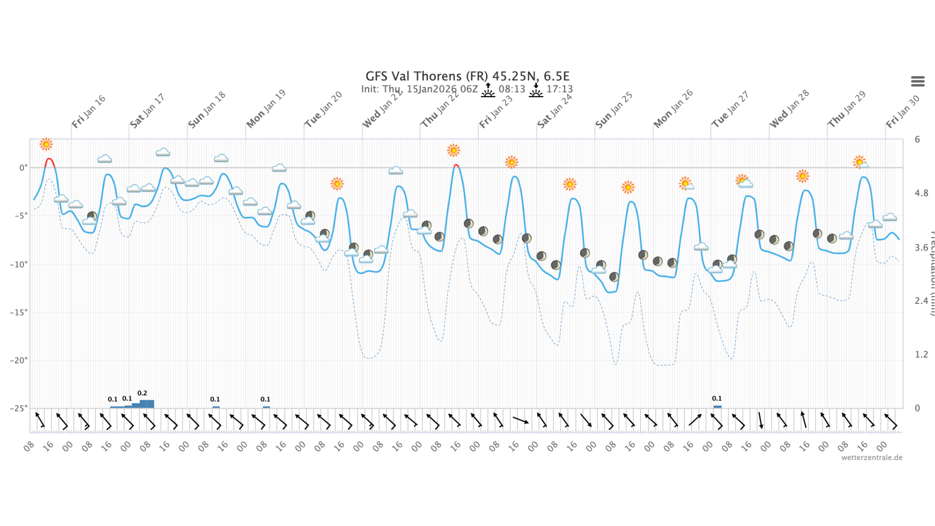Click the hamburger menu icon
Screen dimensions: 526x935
(917, 81)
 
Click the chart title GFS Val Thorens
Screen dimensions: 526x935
(467, 76)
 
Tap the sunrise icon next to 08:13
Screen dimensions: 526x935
(488, 90)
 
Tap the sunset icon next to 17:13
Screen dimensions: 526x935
(536, 90)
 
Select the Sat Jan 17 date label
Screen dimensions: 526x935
(147, 111)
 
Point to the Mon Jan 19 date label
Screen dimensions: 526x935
(266, 109)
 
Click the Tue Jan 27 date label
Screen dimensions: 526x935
(730, 110)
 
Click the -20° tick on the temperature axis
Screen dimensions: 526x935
(19, 360)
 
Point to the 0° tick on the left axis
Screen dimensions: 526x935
(23, 168)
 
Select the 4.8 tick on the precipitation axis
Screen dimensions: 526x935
(921, 193)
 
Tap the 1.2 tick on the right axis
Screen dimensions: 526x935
(921, 354)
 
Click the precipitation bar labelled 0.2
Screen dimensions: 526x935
(146, 404)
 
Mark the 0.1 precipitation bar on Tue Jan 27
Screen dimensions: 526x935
(717, 406)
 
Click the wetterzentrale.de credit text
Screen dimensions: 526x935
(871, 458)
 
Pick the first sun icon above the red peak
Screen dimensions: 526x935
(46, 144)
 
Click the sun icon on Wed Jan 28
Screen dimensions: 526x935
(802, 176)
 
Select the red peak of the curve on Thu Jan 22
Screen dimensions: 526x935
(456, 166)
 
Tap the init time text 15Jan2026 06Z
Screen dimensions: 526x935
(442, 89)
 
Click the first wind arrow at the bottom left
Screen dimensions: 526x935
(40, 419)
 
